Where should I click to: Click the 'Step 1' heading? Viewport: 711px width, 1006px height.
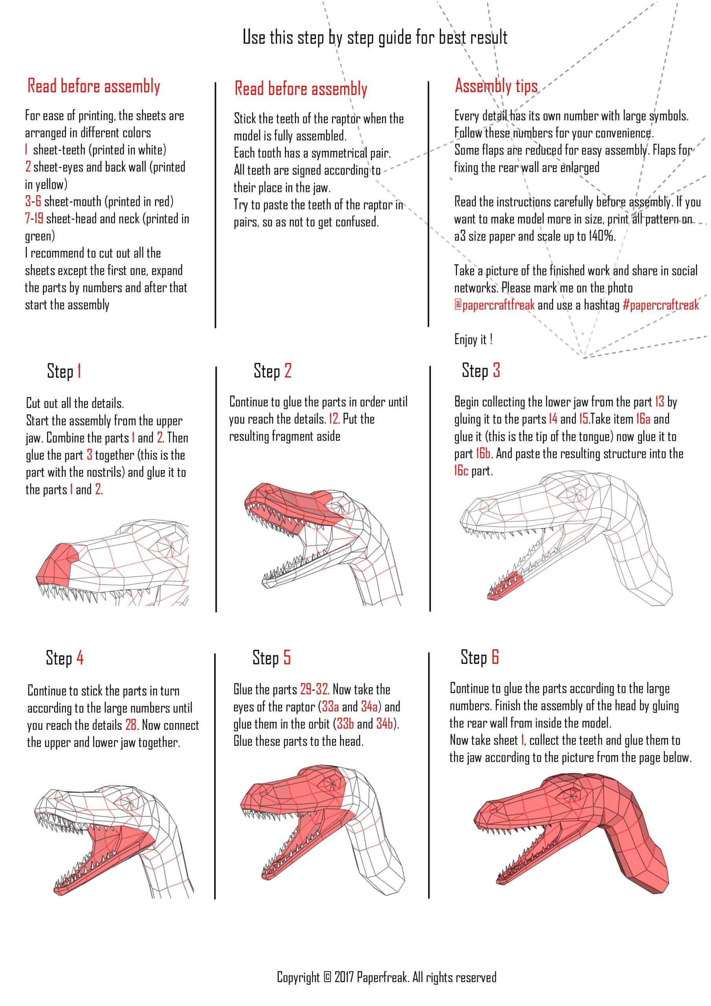64,372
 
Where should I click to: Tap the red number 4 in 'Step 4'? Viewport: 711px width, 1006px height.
80,658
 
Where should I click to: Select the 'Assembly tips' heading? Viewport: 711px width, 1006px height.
496,86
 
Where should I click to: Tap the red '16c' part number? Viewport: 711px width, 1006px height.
461,471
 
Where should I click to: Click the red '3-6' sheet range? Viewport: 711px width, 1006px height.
33,201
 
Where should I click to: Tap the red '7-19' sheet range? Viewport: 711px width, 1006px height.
34,218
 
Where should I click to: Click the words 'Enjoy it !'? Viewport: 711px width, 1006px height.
473,339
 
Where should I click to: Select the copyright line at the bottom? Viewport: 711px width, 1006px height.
387,977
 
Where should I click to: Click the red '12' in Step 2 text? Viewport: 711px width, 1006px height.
334,419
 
